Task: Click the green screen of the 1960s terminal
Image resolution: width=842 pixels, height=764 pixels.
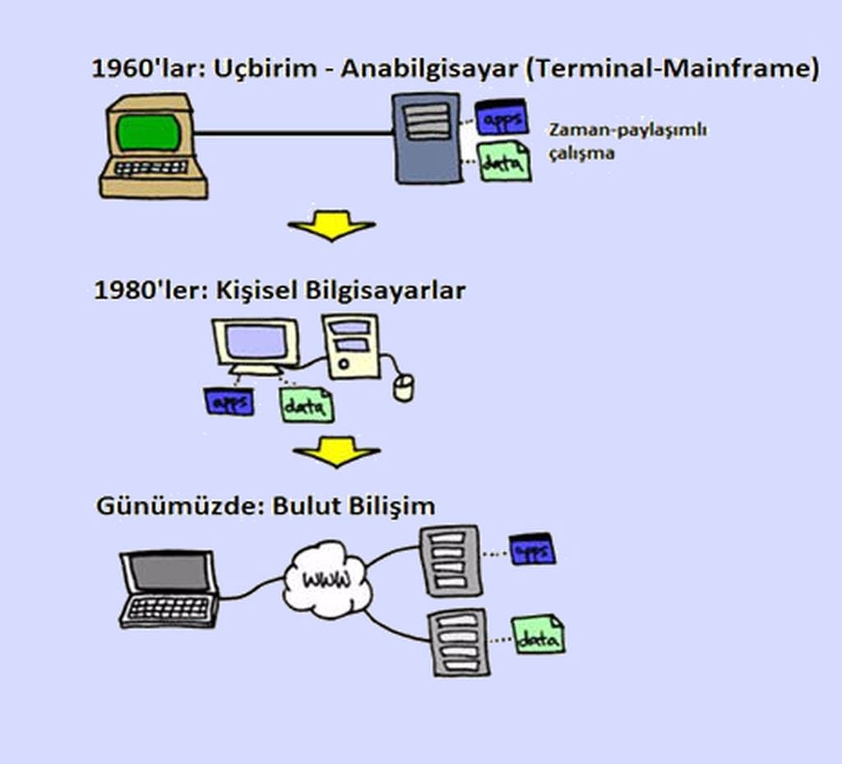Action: pos(149,132)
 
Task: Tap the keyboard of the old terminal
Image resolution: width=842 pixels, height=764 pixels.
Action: pos(151,168)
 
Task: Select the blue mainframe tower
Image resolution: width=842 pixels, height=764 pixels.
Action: pos(427,138)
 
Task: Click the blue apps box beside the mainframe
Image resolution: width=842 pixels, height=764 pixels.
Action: pos(502,117)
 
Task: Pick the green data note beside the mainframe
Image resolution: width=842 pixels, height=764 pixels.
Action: pos(504,161)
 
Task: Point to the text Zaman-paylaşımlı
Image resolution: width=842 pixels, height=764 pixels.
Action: pos(627,131)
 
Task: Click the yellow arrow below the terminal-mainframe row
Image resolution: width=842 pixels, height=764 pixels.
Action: pos(331,225)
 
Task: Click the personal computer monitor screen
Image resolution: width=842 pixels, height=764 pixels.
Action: pos(256,342)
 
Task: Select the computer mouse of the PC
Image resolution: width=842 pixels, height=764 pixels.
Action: pos(403,387)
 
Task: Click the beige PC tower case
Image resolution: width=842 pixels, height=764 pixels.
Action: pos(351,346)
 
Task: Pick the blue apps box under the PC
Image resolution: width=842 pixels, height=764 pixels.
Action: pos(229,401)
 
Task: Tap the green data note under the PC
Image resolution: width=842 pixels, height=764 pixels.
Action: pos(307,405)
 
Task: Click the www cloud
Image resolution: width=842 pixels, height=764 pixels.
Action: pos(326,579)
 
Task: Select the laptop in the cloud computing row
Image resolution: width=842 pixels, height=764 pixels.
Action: pos(169,589)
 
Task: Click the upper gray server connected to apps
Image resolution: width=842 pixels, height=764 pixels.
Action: pos(451,561)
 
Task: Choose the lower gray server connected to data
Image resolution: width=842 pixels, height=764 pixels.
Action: pos(459,642)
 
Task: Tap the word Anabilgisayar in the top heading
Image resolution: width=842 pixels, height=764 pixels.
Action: pos(429,69)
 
